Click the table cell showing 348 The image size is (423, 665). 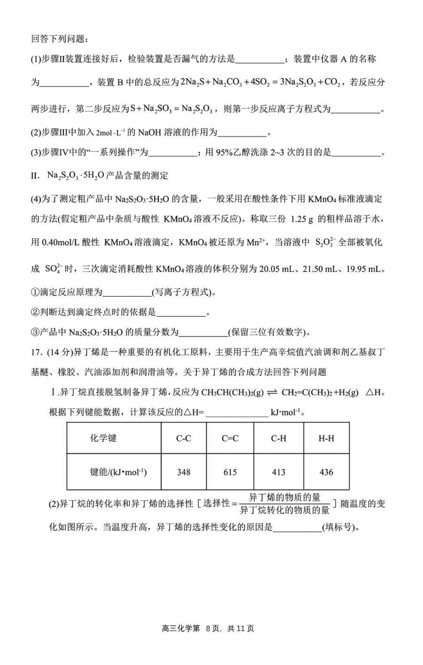pos(184,472)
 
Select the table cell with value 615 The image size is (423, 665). pos(230,472)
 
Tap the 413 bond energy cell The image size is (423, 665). pos(278,472)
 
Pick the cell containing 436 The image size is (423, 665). pos(326,472)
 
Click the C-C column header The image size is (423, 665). pos(184,438)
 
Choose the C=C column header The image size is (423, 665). pos(230,438)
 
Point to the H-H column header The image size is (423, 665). pos(326,438)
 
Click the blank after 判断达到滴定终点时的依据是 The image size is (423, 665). pos(181,312)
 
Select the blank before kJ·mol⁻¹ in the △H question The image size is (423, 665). pos(236,413)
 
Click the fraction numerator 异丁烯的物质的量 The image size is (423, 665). pos(284,497)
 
